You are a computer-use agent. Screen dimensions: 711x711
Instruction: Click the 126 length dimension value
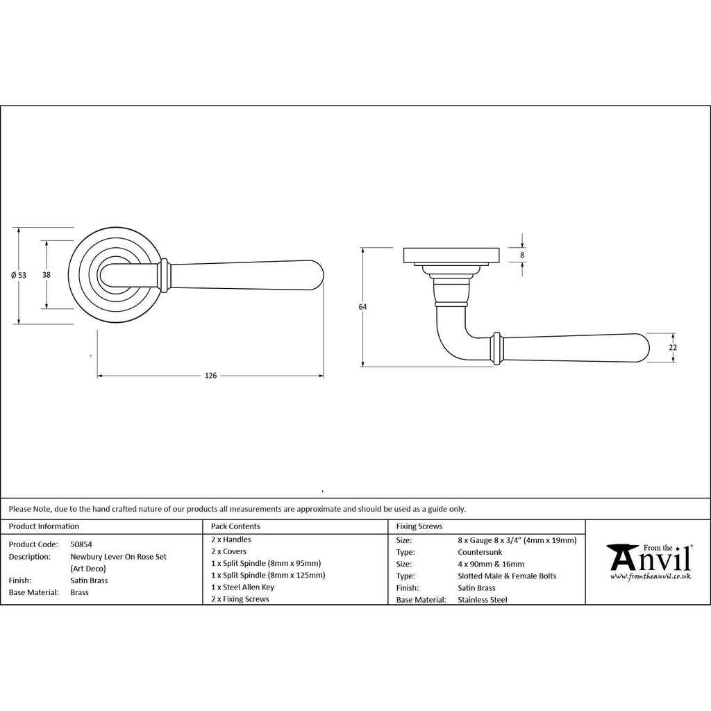coord(211,376)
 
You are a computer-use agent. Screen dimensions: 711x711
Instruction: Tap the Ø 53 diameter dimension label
coord(19,275)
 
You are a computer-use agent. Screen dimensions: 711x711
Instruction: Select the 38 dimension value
coord(47,275)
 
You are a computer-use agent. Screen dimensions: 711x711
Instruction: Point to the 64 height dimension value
coord(362,307)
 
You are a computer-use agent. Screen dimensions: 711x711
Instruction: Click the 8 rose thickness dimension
coord(522,256)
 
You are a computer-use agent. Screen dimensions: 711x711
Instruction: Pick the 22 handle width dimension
coord(673,347)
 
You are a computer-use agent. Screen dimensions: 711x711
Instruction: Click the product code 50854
coord(81,544)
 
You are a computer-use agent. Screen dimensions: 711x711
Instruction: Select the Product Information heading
coord(44,526)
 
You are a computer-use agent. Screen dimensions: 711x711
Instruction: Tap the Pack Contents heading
coord(235,526)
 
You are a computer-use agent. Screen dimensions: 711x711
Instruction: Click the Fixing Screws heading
coord(419,526)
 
